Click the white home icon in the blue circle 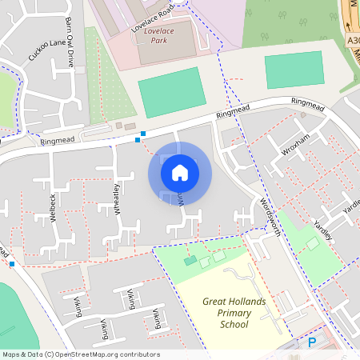[x=180, y=172]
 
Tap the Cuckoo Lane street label [x=44, y=49]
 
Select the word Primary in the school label [x=234, y=314]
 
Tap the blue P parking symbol [x=312, y=342]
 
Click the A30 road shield [x=353, y=40]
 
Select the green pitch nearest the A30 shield [x=294, y=70]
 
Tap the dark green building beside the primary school [x=190, y=261]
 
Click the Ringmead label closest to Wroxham [x=308, y=102]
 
